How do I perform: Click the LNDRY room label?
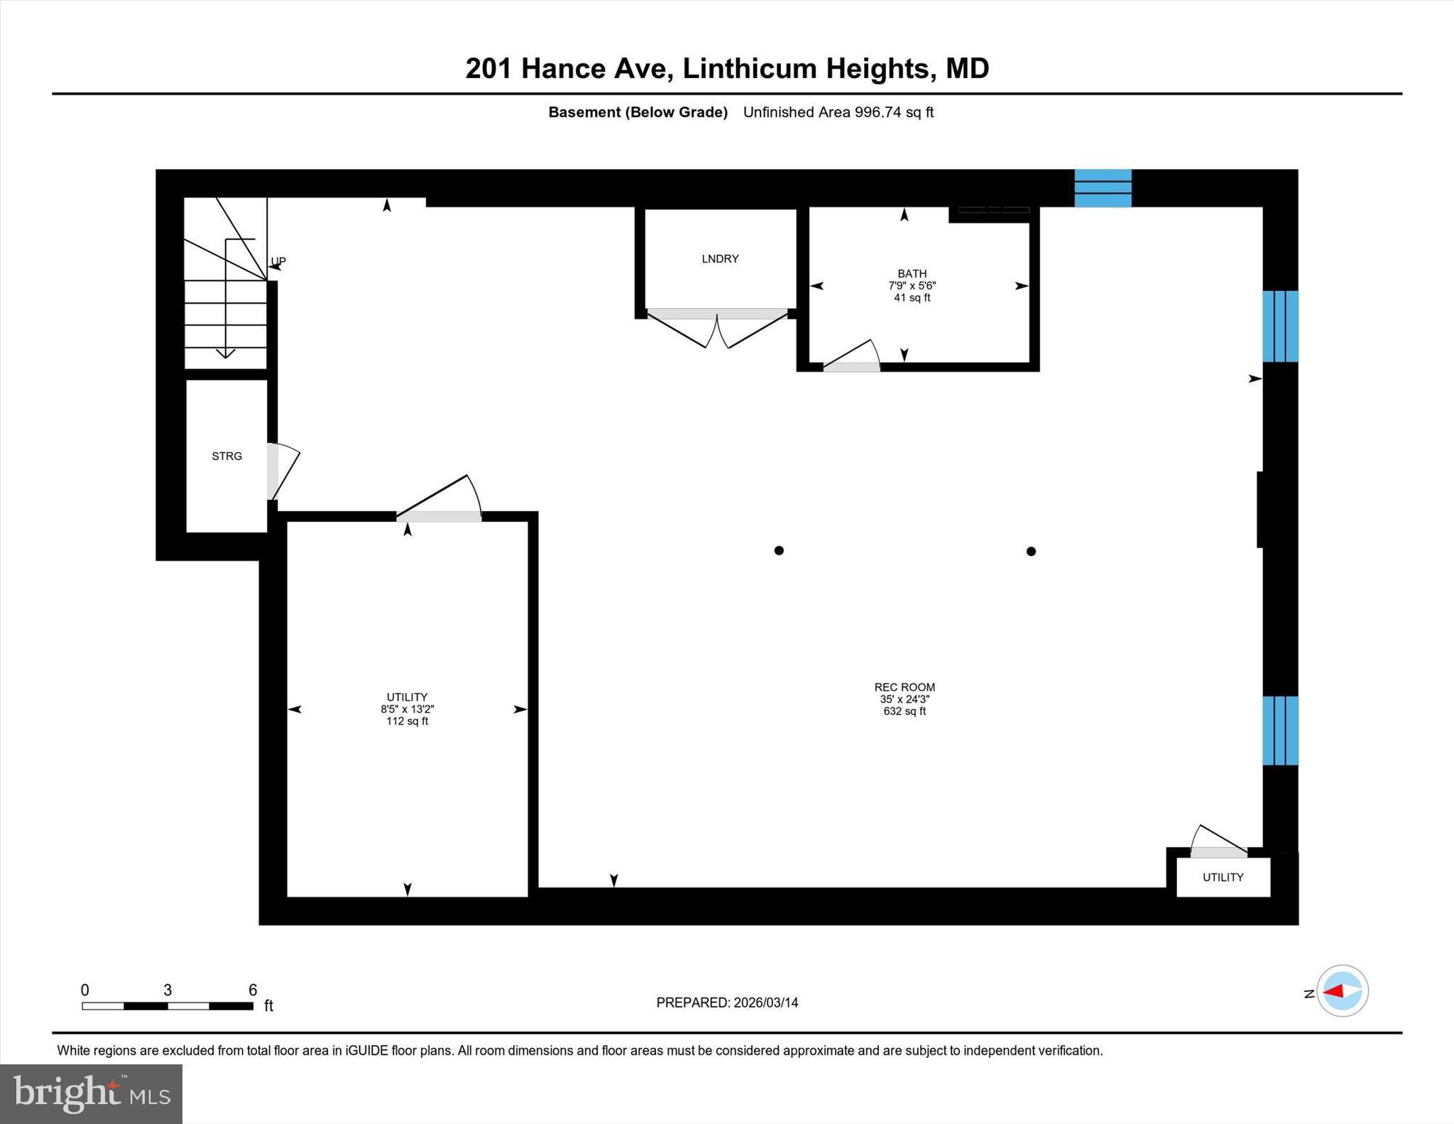720,259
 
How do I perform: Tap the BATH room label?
912,273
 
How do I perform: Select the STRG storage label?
226,457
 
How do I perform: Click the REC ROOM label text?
904,687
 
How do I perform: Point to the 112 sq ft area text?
407,721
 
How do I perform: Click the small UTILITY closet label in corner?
1223,878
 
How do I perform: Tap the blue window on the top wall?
1102,188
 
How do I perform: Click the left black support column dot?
779,550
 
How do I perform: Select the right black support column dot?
1031,551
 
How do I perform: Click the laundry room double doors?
718,330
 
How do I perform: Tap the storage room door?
283,470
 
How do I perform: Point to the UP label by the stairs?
278,261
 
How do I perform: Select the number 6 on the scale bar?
253,990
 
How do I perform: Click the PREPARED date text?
727,1003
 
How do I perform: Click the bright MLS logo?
91,1093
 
